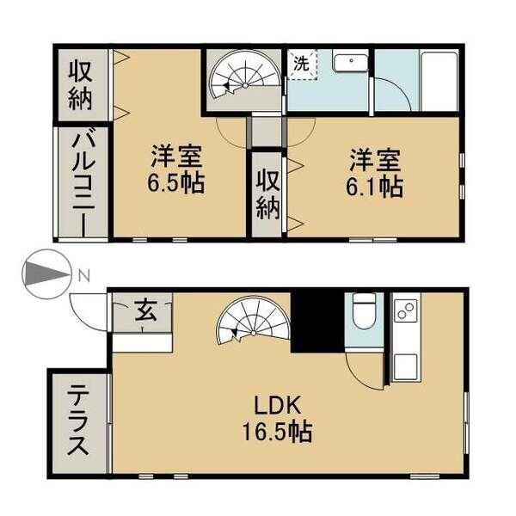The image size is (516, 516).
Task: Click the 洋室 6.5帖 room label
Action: (x=177, y=170)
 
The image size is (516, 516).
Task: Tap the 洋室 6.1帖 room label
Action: (x=375, y=173)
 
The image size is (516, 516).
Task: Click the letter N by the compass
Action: (x=83, y=275)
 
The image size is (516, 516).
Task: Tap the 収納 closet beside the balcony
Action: (x=82, y=83)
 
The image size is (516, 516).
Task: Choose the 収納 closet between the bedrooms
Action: (x=267, y=195)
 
